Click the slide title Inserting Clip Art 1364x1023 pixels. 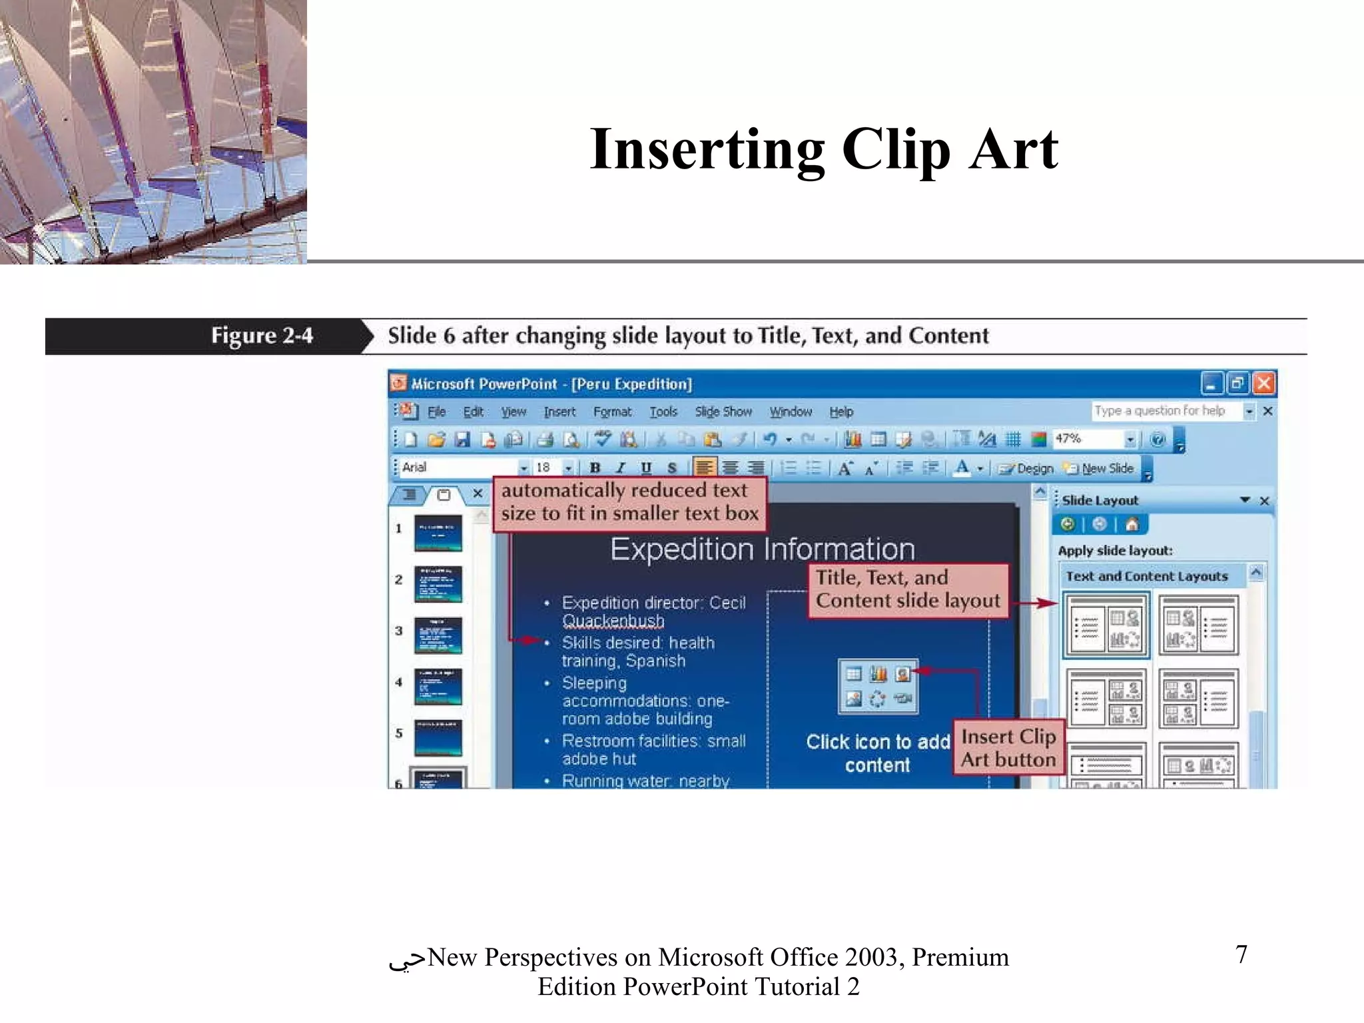tap(823, 149)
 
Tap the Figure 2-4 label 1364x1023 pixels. tap(262, 336)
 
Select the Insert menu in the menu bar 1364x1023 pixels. tap(559, 412)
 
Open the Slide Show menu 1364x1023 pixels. tap(723, 412)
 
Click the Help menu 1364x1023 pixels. tap(841, 412)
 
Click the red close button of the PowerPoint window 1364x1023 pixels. tap(1263, 384)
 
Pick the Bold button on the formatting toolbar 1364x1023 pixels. tap(595, 468)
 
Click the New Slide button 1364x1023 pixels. tap(1101, 469)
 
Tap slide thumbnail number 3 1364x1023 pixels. tap(438, 635)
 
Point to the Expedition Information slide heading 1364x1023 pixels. tap(762, 549)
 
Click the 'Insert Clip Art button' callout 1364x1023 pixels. tap(1008, 748)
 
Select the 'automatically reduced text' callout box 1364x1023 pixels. tap(629, 502)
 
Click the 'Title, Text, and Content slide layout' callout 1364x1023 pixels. tap(908, 589)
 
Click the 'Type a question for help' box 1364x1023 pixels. tap(1166, 411)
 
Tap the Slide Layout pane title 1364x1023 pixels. tap(1100, 501)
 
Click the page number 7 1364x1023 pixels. tap(1241, 954)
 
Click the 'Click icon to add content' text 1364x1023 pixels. tap(877, 753)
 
